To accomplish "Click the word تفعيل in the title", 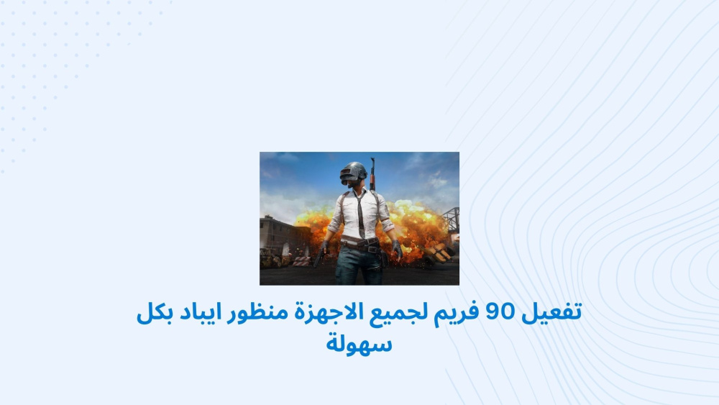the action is click(551, 312).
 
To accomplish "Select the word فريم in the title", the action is click(456, 313).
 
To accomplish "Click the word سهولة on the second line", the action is click(359, 342).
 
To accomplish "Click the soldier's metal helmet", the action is click(354, 173).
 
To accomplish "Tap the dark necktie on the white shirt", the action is click(361, 214).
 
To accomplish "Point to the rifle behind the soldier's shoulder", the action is click(372, 174).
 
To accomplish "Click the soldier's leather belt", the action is click(361, 243).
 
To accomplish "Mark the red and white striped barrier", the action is click(301, 261).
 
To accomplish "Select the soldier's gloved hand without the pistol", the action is click(397, 250).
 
